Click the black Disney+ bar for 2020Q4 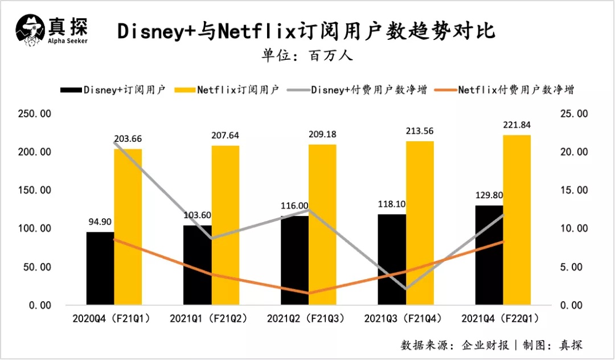pyautogui.click(x=100, y=268)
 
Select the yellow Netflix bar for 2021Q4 pyautogui.click(x=517, y=219)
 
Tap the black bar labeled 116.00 pyautogui.click(x=294, y=260)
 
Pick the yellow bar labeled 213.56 pyautogui.click(x=420, y=222)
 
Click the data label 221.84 pyautogui.click(x=517, y=125)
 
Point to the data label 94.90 pyautogui.click(x=100, y=222)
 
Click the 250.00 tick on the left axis pyautogui.click(x=35, y=114)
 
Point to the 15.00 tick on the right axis pyautogui.click(x=570, y=190)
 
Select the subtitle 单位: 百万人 pyautogui.click(x=307, y=56)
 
